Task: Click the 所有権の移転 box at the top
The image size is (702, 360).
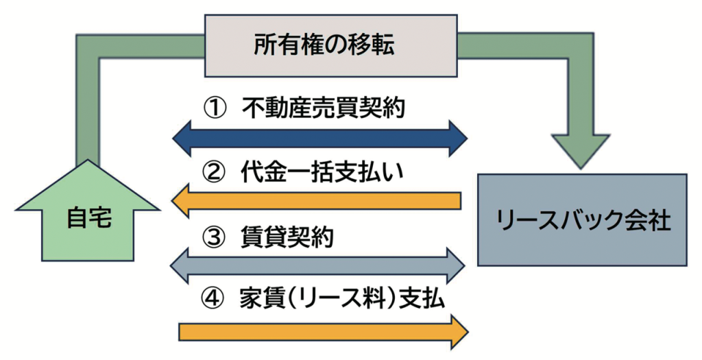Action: [x=332, y=47]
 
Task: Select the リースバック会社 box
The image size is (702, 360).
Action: [x=582, y=219]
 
